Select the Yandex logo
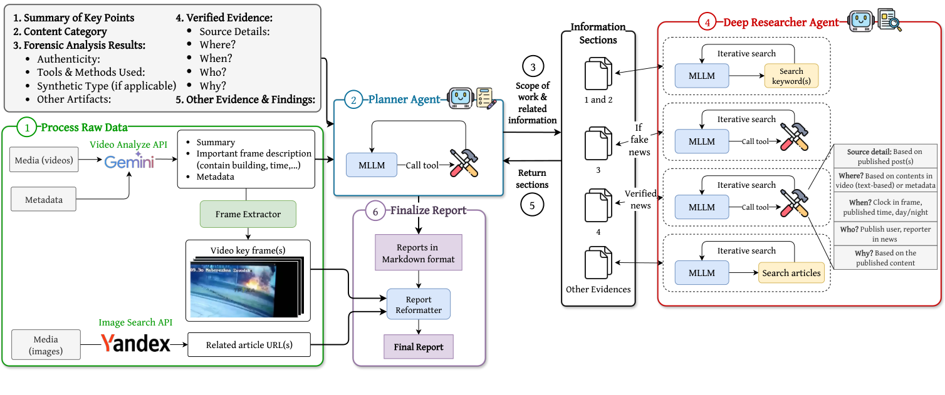(136, 343)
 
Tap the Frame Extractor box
(248, 214)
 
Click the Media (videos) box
(44, 161)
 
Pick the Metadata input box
(44, 200)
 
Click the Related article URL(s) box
(249, 345)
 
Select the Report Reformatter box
(419, 304)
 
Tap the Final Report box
(419, 347)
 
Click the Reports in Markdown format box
(419, 253)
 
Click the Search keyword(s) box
(791, 76)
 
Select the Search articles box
(791, 273)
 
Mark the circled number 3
(532, 66)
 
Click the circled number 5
(532, 205)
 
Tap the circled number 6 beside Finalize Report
(375, 212)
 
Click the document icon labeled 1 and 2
(598, 74)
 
